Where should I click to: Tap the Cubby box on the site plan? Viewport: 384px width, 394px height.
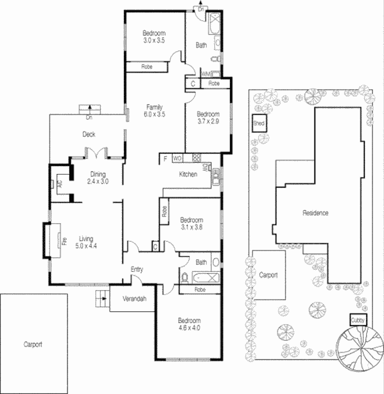(358, 320)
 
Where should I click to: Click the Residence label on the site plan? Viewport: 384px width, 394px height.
(315, 213)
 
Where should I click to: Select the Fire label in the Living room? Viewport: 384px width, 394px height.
(64, 241)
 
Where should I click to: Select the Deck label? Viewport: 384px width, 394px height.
(89, 134)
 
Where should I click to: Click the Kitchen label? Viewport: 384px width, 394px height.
(188, 174)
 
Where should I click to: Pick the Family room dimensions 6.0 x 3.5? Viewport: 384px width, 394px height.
(154, 114)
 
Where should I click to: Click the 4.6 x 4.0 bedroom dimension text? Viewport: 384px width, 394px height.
(190, 327)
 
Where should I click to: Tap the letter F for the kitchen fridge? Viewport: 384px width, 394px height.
(165, 159)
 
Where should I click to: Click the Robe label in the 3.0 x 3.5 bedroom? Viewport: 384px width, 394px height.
(147, 66)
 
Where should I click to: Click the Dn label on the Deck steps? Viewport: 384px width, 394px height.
(89, 118)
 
